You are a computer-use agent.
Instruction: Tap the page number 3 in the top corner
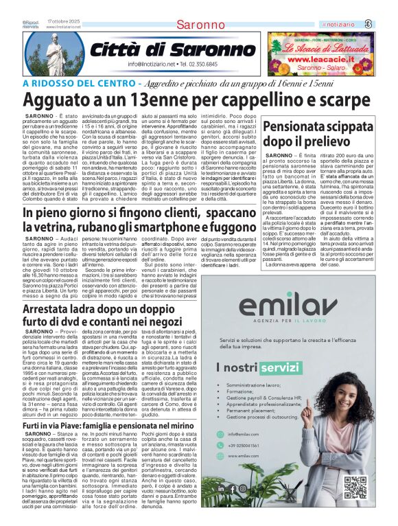pyautogui.click(x=388, y=25)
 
